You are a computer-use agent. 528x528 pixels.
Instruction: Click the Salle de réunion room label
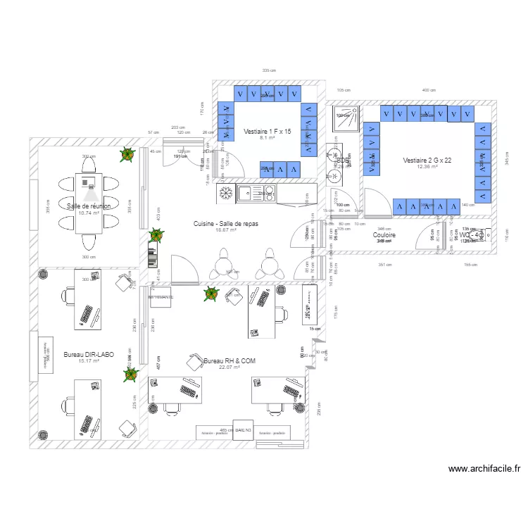[x=89, y=206]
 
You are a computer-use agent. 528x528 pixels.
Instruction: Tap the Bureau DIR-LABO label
[x=88, y=354]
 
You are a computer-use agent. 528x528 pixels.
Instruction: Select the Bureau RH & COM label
[x=230, y=360]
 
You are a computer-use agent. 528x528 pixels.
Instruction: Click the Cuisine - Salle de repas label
[x=226, y=223]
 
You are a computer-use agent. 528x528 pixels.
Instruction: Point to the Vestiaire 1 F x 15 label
[x=267, y=132]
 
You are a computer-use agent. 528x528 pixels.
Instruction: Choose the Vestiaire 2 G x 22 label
[x=427, y=161]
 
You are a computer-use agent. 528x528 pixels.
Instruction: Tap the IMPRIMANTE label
[x=161, y=297]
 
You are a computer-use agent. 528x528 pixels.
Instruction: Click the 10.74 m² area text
[x=88, y=213]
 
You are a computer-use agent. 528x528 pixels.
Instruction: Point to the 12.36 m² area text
[x=427, y=168]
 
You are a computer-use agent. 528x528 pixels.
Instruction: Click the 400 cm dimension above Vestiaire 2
[x=428, y=90]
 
